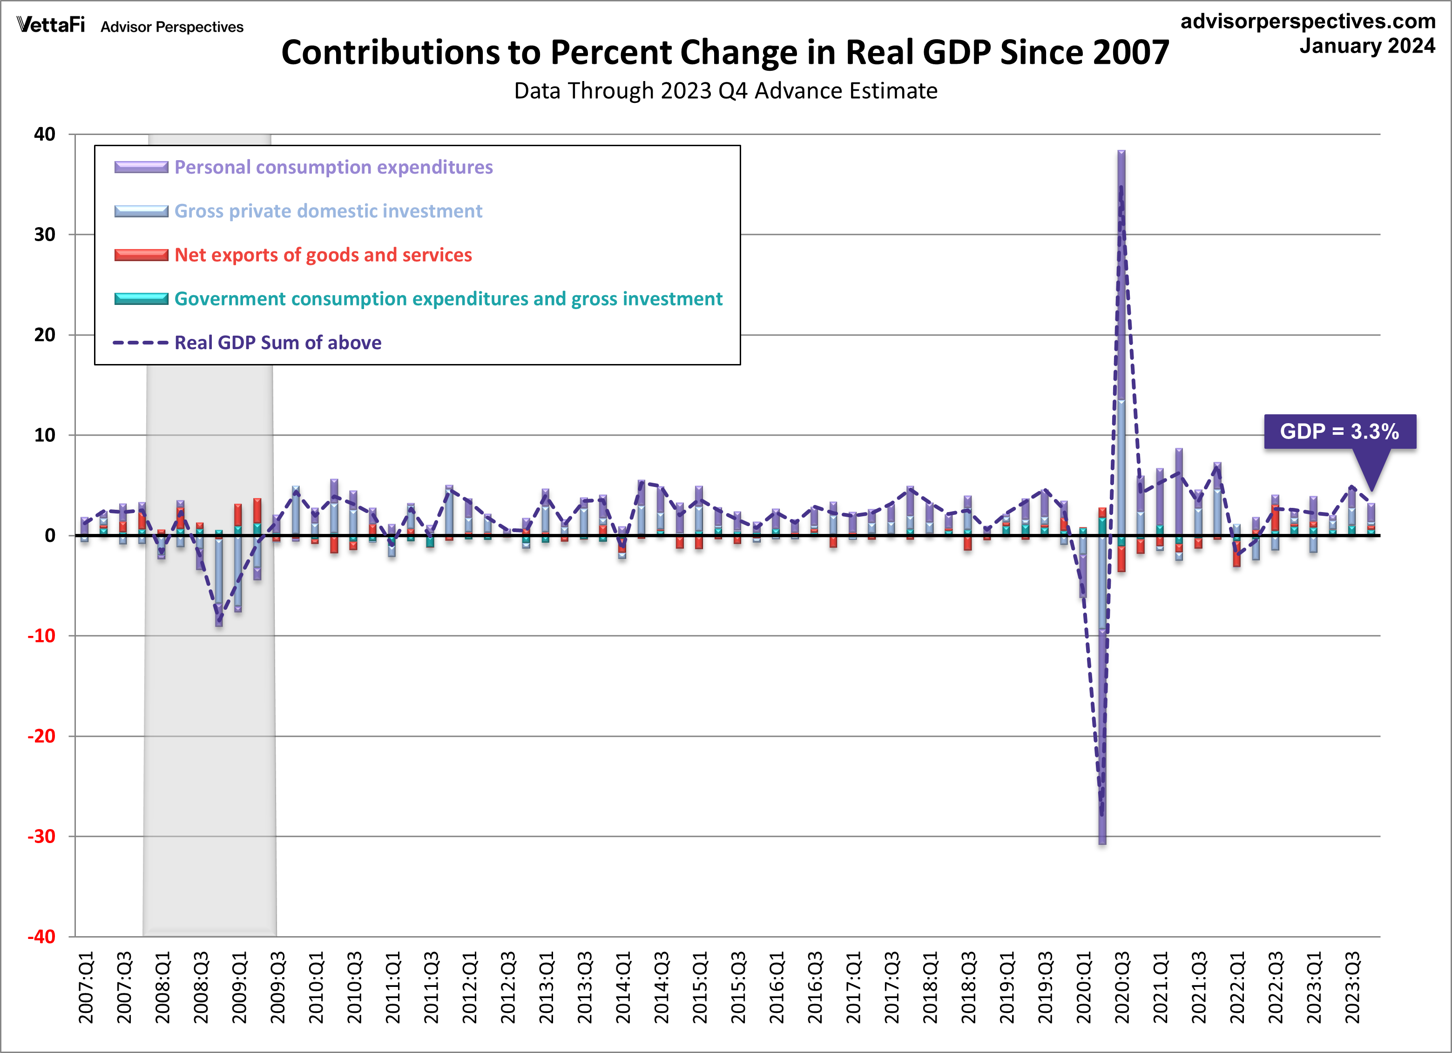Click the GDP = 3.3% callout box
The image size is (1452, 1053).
coord(1339,432)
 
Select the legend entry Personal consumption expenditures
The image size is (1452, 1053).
coord(333,167)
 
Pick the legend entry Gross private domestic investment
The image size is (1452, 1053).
coord(328,211)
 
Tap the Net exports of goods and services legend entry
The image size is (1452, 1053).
coord(323,255)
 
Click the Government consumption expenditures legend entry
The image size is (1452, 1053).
coord(448,299)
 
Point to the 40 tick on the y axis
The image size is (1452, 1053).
coord(45,135)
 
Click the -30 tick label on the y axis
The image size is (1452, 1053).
coord(41,837)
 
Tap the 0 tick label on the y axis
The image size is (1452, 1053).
coord(50,536)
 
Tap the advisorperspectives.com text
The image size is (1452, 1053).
coord(1308,21)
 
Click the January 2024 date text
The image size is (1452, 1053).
coord(1367,46)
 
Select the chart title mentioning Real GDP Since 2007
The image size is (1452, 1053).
coord(725,53)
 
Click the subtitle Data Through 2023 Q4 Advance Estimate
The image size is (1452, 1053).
coord(725,91)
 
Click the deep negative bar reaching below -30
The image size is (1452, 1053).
coord(1102,704)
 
